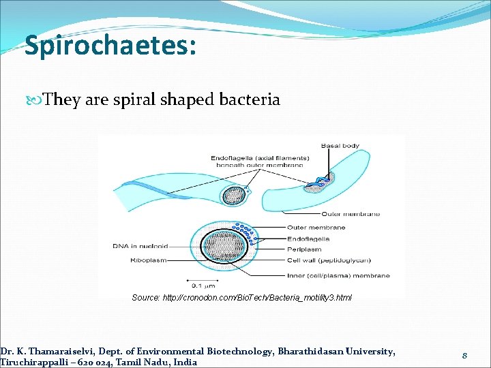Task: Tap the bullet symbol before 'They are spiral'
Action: pos(37,100)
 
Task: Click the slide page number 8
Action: pos(464,355)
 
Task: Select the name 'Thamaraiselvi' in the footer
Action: pos(62,351)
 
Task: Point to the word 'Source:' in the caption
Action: pos(145,298)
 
